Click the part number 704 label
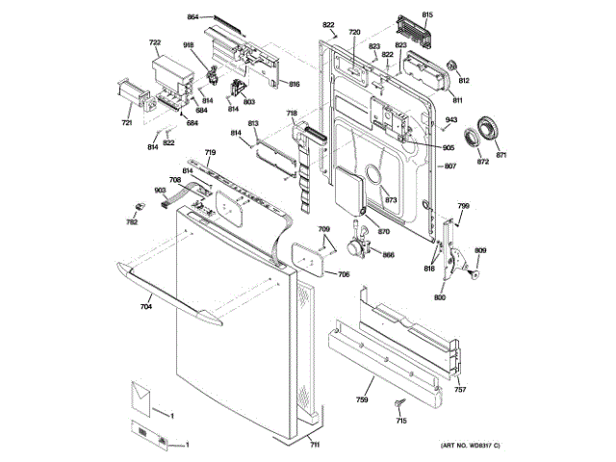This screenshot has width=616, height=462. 146,308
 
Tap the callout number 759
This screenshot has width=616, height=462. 363,398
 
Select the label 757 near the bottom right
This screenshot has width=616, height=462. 460,390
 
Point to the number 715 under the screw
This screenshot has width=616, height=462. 401,422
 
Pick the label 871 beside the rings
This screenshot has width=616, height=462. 500,155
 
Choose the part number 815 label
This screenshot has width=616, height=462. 427,15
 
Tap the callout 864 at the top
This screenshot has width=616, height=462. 192,17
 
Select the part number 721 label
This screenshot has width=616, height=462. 126,122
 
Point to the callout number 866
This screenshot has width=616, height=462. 388,254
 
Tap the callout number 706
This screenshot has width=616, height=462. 343,274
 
